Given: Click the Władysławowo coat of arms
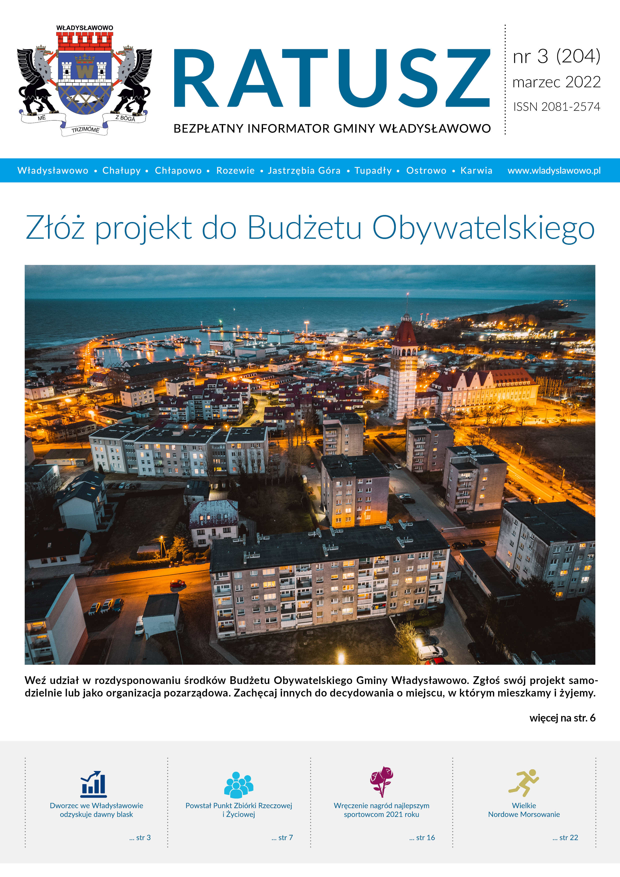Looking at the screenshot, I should (84, 80).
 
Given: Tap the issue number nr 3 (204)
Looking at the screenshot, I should (556, 56).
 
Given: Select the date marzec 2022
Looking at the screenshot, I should (556, 82).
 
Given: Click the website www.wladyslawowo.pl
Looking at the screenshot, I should (554, 170).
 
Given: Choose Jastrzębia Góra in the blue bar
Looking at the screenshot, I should (304, 170).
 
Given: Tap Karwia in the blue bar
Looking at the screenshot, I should (476, 170).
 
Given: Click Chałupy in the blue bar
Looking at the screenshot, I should (121, 170).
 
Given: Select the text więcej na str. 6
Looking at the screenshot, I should (562, 718).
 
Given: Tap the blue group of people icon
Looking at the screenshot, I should (238, 785).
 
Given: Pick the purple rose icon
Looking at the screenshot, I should (381, 781).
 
